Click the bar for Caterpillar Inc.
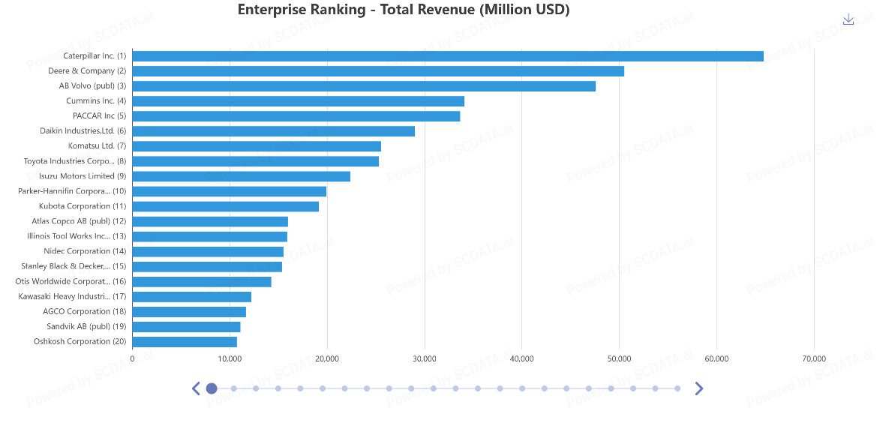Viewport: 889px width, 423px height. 448,56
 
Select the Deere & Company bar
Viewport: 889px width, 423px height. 378,71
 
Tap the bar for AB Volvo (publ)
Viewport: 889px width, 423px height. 364,86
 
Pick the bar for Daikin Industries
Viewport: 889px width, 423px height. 274,131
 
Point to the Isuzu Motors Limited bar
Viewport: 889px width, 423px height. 242,176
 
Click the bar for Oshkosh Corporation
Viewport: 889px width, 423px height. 185,342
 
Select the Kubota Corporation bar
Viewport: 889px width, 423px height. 226,206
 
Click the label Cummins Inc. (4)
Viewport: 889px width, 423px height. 96,101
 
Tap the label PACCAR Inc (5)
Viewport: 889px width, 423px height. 99,116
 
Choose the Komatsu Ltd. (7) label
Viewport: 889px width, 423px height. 97,146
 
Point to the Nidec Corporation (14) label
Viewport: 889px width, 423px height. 85,251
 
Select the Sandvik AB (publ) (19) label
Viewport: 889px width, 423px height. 86,326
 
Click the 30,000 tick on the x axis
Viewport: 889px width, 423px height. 425,359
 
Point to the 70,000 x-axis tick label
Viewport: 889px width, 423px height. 814,359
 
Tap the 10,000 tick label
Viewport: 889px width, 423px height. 230,359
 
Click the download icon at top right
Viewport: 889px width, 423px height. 848,19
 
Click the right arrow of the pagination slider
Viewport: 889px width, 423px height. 698,388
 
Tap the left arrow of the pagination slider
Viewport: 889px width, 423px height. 196,388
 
